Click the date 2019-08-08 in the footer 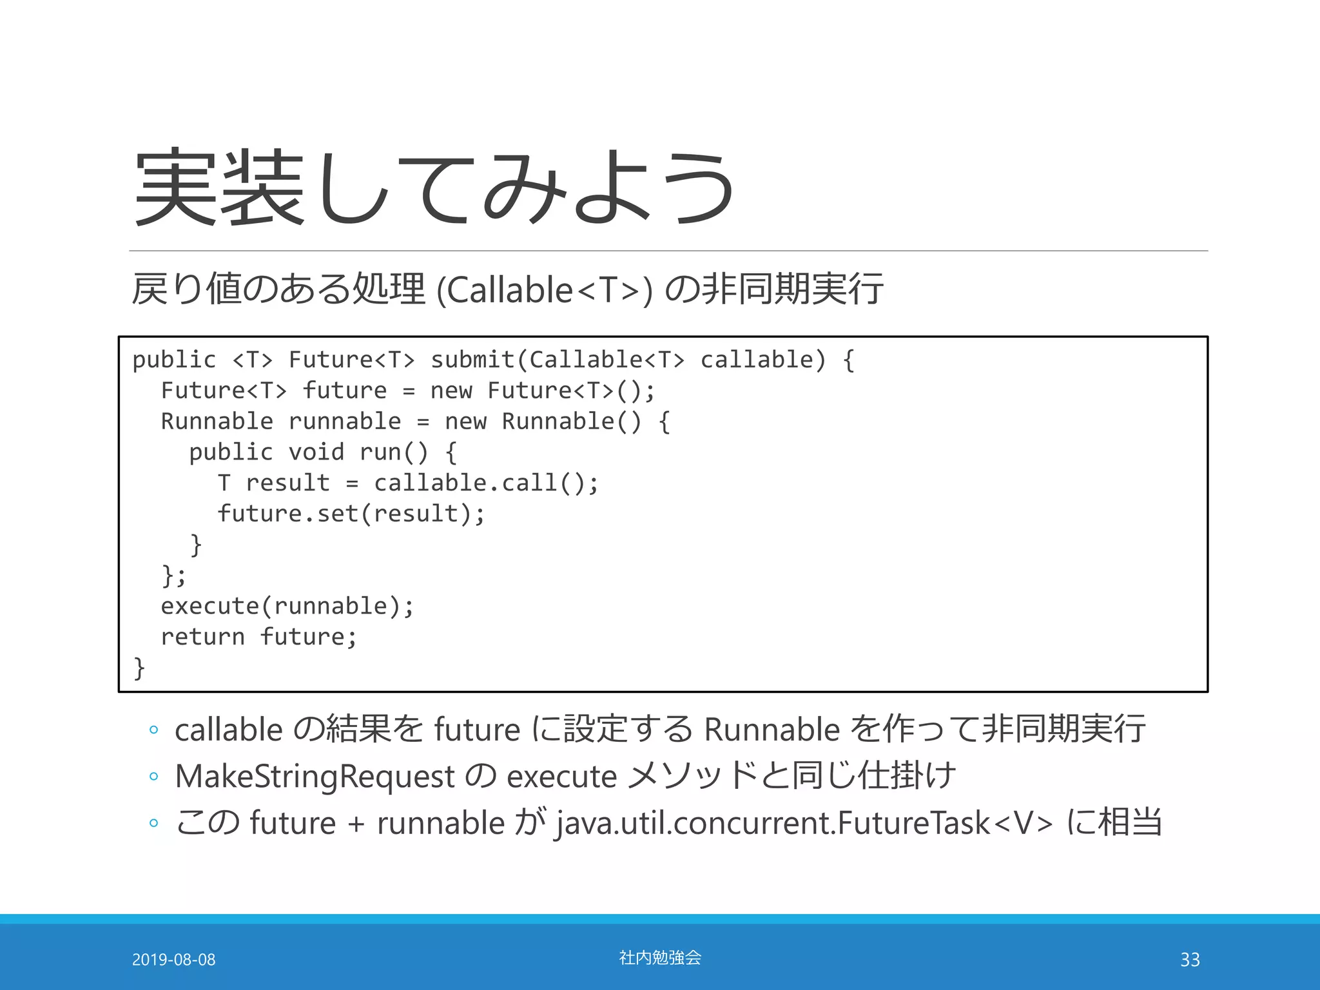173,960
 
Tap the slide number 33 1190,960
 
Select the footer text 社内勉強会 660,958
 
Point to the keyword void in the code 316,452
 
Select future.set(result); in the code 351,514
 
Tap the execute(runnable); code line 287,606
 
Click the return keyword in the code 202,637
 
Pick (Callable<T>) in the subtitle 545,289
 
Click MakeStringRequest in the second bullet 315,776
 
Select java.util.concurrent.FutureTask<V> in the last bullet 804,823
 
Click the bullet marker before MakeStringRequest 153,777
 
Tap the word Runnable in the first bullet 772,730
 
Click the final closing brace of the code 139,668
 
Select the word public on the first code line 174,360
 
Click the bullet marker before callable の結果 153,730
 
